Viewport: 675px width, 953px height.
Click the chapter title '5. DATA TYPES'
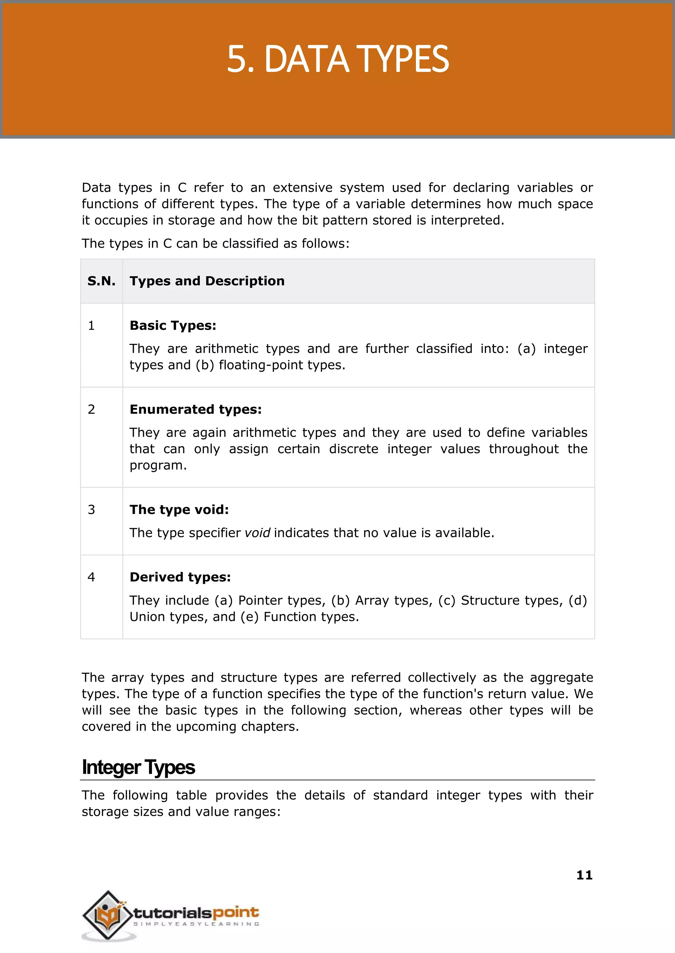click(337, 59)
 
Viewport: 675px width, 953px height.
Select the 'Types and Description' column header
click(207, 281)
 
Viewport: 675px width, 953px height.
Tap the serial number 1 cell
click(91, 326)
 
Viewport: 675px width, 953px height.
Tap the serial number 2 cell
click(91, 409)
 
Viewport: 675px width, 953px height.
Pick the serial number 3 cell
click(91, 509)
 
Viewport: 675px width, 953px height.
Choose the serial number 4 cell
click(91, 577)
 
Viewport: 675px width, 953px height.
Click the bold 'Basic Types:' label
click(173, 326)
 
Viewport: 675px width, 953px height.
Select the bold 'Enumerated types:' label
click(196, 409)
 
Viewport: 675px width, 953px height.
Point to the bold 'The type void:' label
click(179, 509)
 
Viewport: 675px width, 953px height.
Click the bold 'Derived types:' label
click(180, 577)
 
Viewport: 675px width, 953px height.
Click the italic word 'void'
click(257, 533)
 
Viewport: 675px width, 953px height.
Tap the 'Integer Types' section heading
click(138, 767)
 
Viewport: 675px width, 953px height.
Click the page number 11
click(584, 875)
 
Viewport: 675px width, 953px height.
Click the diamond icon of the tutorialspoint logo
click(107, 915)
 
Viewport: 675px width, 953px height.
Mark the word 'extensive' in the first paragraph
click(302, 188)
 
